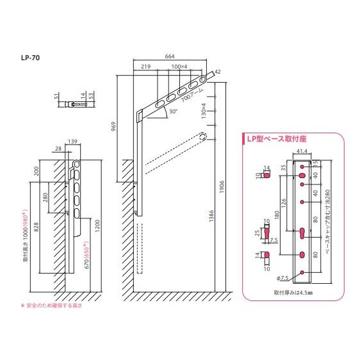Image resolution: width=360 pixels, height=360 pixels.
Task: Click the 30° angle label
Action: (173, 111)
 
